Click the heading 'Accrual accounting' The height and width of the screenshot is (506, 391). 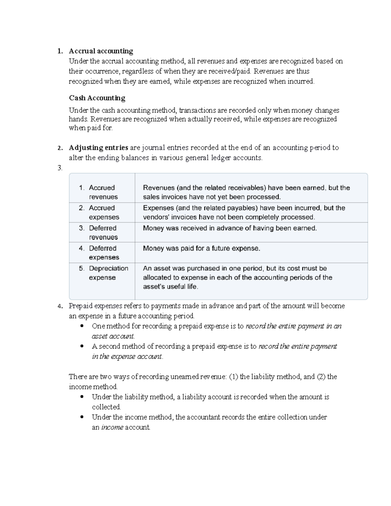pyautogui.click(x=101, y=51)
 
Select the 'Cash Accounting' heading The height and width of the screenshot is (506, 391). pyautogui.click(x=97, y=98)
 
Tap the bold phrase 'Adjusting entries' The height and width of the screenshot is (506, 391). pyautogui.click(x=98, y=148)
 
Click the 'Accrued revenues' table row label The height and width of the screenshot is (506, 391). pyautogui.click(x=102, y=192)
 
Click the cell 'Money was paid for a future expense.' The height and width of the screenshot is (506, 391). pyautogui.click(x=201, y=249)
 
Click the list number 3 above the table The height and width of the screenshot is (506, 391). pyautogui.click(x=59, y=168)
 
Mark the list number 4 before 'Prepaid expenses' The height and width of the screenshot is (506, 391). pyautogui.click(x=59, y=306)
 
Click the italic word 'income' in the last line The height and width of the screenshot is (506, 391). pyautogui.click(x=112, y=427)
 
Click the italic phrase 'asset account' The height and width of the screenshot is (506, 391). pyautogui.click(x=113, y=336)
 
